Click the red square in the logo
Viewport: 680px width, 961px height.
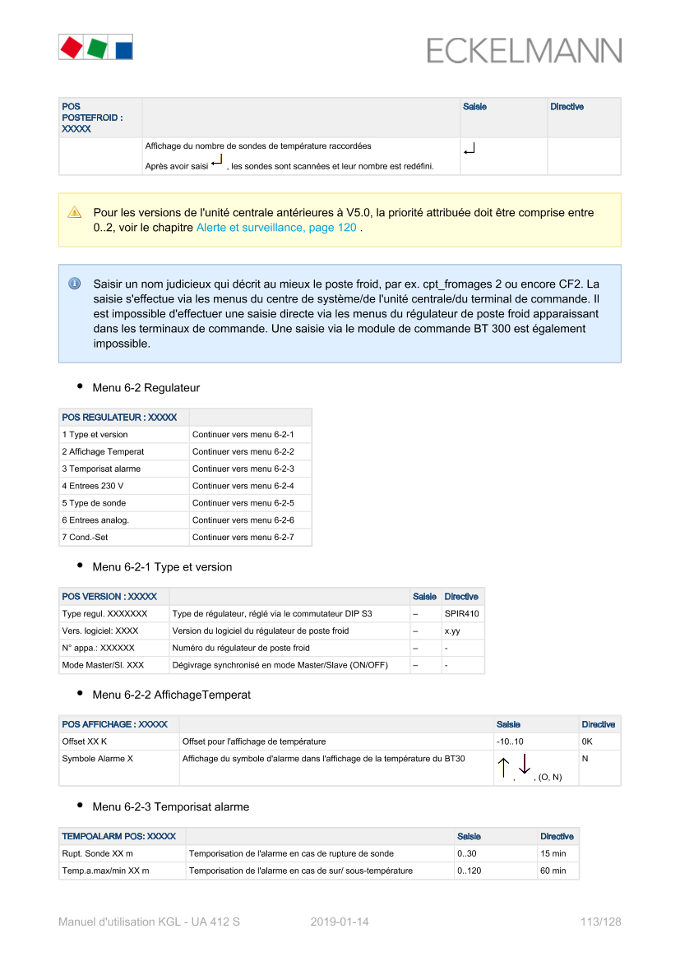point(71,47)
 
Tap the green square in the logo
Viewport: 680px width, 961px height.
point(97,48)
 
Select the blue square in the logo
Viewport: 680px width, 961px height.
point(123,49)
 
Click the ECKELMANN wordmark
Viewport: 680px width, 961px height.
point(524,51)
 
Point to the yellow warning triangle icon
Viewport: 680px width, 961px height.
point(74,212)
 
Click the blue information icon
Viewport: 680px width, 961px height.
point(74,284)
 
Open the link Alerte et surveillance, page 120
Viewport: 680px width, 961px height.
point(276,227)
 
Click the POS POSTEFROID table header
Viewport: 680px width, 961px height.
point(91,118)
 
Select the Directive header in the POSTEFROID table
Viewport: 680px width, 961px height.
point(567,107)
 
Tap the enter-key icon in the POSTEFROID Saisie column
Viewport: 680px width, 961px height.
point(470,150)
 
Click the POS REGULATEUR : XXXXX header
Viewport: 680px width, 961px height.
point(119,418)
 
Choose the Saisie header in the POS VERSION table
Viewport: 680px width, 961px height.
point(424,597)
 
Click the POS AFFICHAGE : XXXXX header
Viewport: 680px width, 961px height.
point(114,724)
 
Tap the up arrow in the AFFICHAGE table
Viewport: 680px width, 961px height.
point(503,768)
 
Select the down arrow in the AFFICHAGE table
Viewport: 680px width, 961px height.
point(525,766)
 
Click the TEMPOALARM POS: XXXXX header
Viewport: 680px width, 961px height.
point(118,836)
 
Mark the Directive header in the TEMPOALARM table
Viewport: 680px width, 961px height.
point(557,836)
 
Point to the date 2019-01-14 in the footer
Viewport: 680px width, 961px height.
point(340,922)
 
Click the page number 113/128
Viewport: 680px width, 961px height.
point(600,922)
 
